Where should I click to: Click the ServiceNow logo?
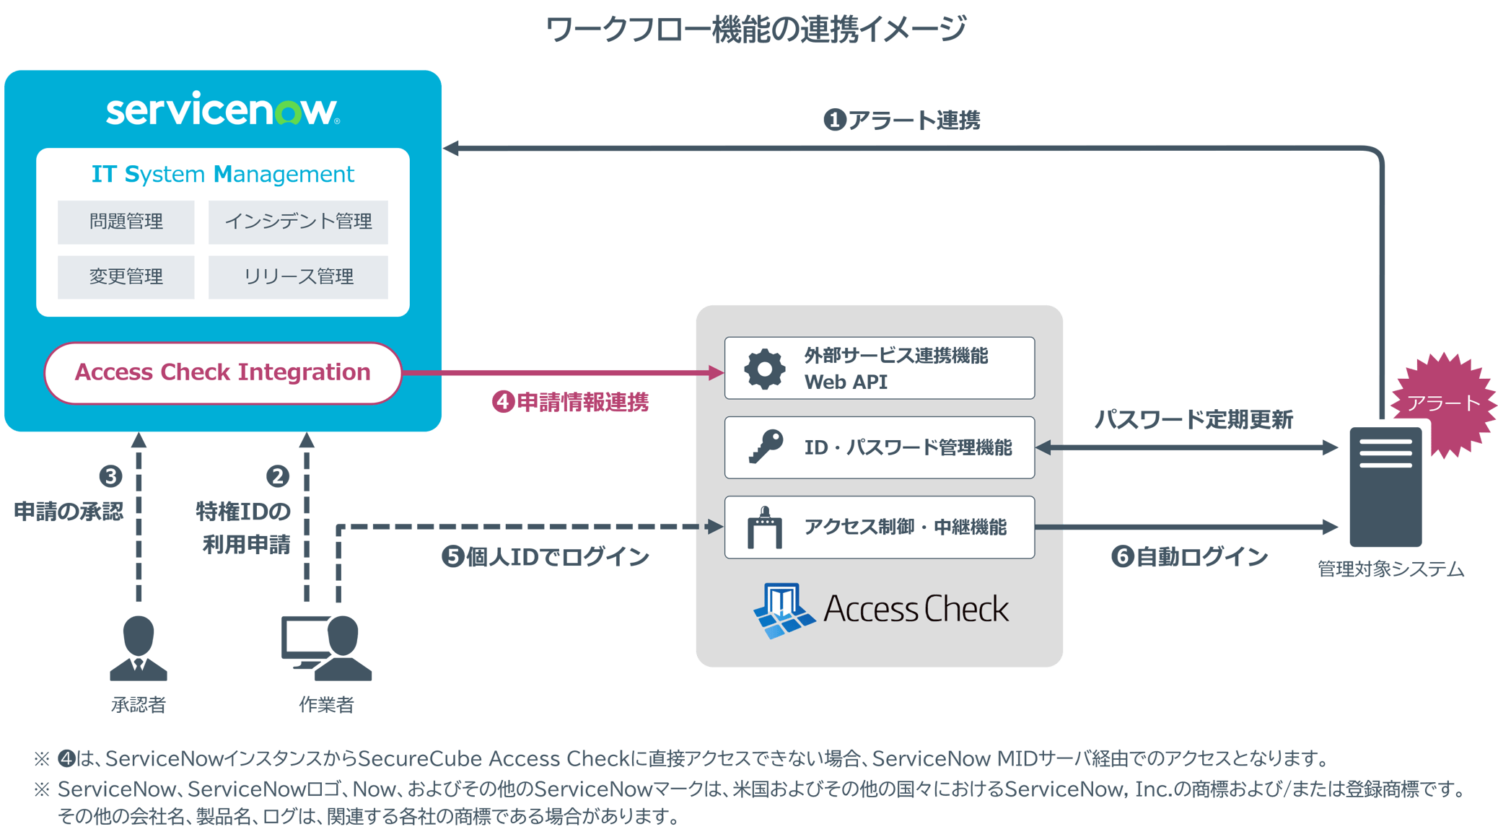[222, 109]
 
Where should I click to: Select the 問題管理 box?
[126, 222]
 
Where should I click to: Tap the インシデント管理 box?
[298, 222]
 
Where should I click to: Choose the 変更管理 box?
[126, 276]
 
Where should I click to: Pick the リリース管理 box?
[298, 276]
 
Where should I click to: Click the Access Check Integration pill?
[222, 372]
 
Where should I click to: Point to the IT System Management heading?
[222, 174]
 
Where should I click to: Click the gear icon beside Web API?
[764, 369]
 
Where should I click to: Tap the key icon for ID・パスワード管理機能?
[765, 447]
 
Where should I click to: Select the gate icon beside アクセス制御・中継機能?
[765, 527]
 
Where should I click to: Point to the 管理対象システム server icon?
[1385, 487]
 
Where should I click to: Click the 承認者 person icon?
[139, 648]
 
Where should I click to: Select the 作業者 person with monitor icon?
[326, 648]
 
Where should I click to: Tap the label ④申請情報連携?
[570, 403]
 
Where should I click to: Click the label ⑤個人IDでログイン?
[546, 557]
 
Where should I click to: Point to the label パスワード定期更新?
[1193, 419]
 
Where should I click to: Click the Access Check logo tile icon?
[784, 610]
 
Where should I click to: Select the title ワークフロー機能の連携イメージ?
[755, 30]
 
